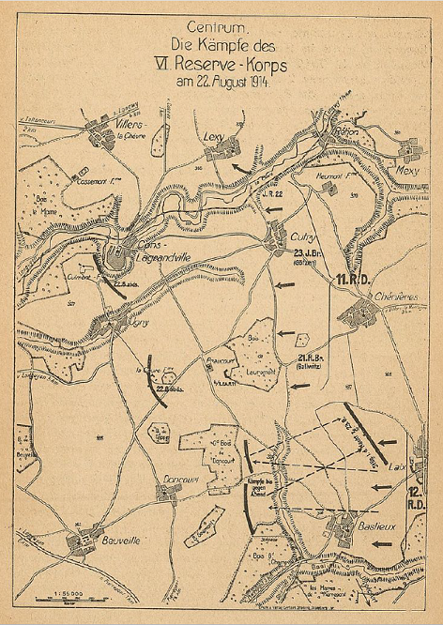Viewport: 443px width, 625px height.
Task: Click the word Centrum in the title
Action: click(218, 27)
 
